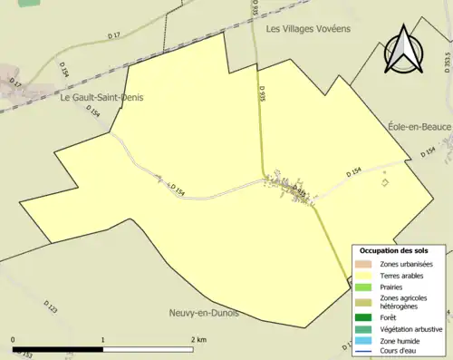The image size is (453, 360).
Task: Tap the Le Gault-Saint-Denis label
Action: tap(101, 98)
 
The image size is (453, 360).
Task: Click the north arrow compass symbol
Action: tap(404, 50)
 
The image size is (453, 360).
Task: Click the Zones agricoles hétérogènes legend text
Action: tap(404, 302)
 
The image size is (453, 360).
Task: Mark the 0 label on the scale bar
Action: tap(14, 338)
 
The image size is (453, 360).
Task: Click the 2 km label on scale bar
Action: tap(199, 338)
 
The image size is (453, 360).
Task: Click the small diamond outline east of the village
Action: tap(385, 183)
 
